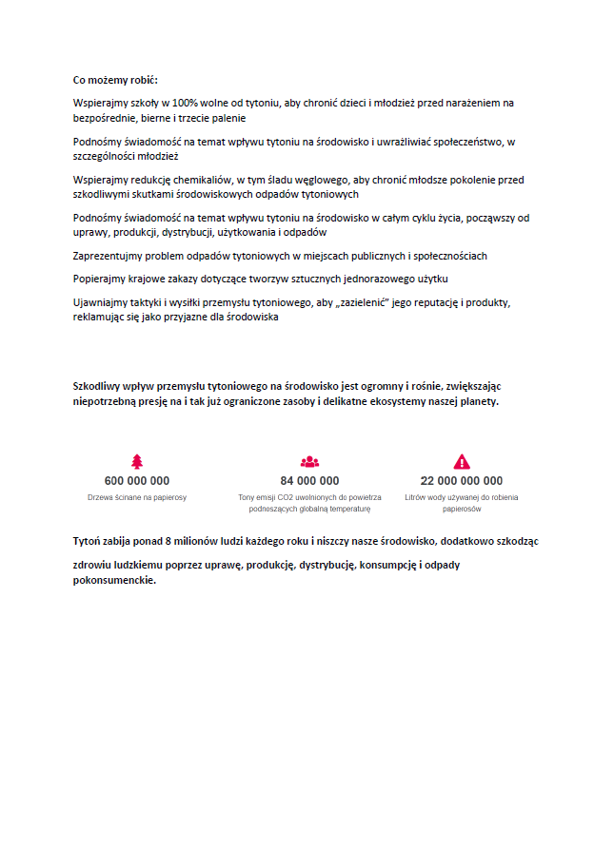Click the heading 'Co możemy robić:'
pos(115,80)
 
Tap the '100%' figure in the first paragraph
pos(185,103)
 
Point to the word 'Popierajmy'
pos(99,279)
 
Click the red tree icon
pos(137,462)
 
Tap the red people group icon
pos(309,462)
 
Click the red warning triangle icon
pos(462,462)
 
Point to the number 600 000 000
pos(137,481)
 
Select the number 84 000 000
pos(309,481)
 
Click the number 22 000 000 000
pos(462,481)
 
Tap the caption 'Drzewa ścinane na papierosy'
pos(137,497)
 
